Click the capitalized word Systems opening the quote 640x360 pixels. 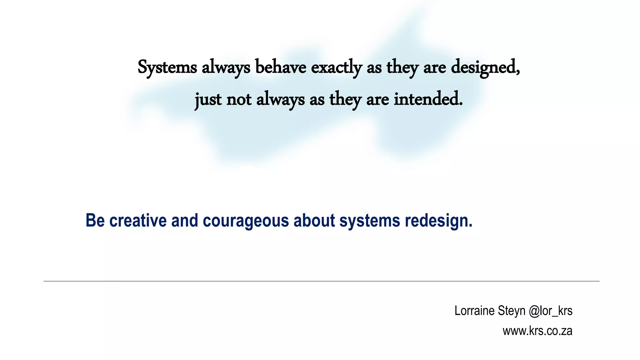[167, 67]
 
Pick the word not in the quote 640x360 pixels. [239, 100]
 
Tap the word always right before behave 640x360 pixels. [226, 67]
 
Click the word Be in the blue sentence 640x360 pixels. [95, 220]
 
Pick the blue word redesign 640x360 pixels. [438, 221]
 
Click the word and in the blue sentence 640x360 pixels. [185, 220]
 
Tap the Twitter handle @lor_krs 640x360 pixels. [550, 311]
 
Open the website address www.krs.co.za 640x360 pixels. [537, 331]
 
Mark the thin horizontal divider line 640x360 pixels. [321, 281]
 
